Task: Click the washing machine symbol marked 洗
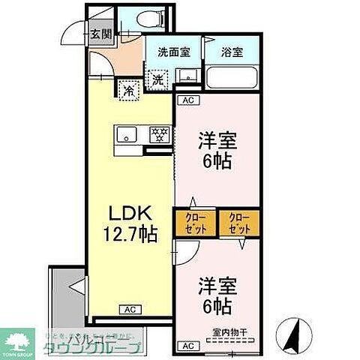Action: click(158, 77)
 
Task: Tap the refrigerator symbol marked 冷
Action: click(129, 91)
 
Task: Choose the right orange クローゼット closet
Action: click(239, 223)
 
